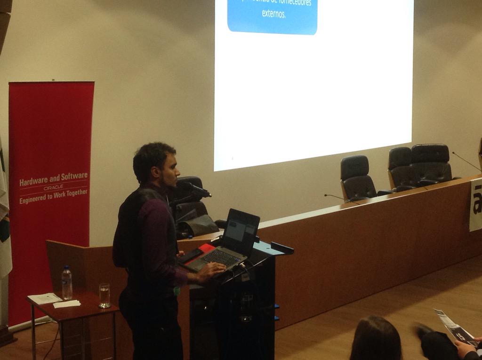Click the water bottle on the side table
(67, 283)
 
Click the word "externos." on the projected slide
(274, 14)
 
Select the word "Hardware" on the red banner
(34, 180)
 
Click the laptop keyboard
(220, 258)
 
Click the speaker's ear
(156, 171)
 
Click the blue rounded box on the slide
(272, 16)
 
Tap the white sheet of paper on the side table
(45, 298)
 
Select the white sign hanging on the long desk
(475, 205)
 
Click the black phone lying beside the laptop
(191, 256)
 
